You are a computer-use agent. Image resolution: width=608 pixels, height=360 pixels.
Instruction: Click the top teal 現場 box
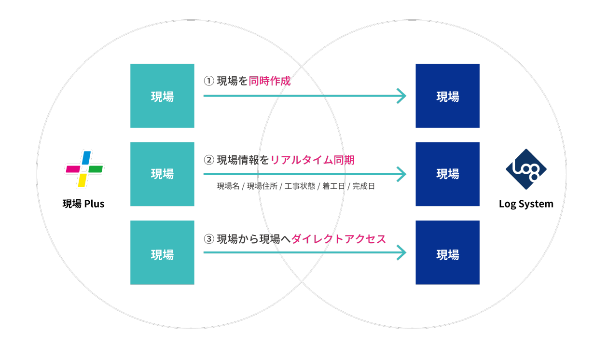[x=162, y=96]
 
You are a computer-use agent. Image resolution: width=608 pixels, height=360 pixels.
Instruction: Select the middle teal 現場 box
[x=162, y=174]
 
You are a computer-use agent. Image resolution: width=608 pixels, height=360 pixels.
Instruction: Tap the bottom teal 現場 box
[x=162, y=252]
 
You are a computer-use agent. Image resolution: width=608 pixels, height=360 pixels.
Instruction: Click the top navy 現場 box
[x=447, y=96]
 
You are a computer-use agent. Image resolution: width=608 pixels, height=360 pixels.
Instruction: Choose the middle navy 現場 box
[x=447, y=174]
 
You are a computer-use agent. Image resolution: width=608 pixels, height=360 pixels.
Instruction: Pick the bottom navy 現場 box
[x=447, y=252]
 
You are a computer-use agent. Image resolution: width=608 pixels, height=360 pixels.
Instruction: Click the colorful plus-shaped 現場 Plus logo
[x=84, y=169]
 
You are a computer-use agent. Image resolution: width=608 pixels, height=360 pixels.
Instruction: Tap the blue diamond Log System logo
[x=526, y=169]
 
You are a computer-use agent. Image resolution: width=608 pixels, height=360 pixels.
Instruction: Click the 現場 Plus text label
[x=83, y=204]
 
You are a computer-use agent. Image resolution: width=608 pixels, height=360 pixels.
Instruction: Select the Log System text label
[x=526, y=204]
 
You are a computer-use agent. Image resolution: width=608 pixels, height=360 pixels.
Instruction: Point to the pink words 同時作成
[x=270, y=81]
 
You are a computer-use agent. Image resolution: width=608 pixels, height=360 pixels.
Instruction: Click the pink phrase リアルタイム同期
[x=312, y=160]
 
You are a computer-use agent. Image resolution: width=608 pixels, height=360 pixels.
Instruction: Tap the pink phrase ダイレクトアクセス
[x=339, y=238]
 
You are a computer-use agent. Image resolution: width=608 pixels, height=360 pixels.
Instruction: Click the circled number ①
[x=209, y=81]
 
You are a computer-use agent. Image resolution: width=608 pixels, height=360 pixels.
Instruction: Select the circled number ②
[x=209, y=160]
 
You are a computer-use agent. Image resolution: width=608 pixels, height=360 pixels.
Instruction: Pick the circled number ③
[x=209, y=238]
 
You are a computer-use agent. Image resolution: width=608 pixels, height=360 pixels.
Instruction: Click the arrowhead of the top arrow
[x=401, y=96]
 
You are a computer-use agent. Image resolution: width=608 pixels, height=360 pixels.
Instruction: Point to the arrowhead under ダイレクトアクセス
[x=401, y=252]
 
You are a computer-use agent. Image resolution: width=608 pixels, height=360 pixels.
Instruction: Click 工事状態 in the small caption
[x=299, y=186]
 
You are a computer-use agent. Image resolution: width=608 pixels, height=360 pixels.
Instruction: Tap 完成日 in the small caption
[x=363, y=186]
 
